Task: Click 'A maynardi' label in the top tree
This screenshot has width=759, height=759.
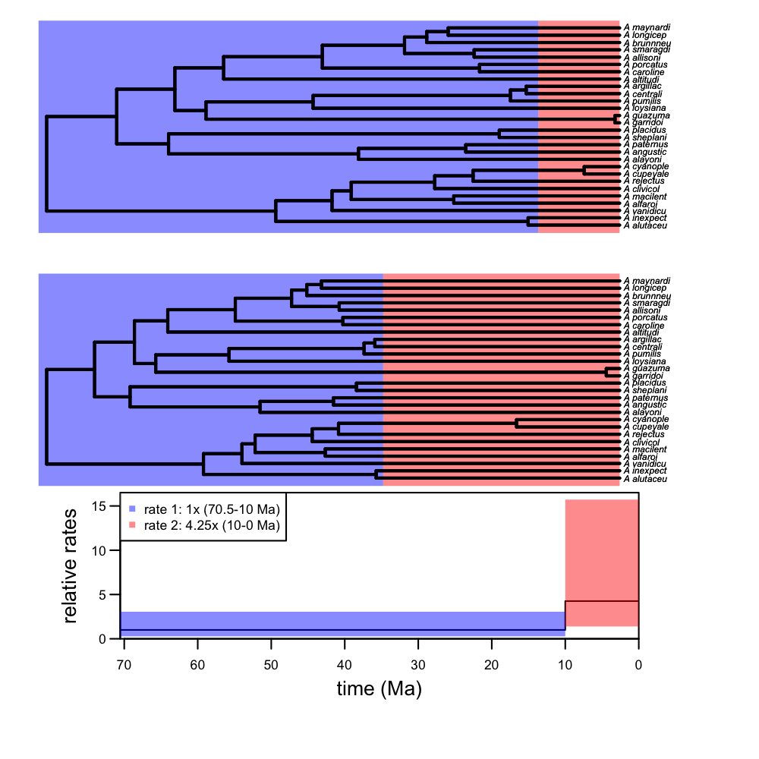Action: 646,27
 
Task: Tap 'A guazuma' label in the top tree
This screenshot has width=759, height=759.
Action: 646,115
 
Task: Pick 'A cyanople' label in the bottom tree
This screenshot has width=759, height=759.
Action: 646,420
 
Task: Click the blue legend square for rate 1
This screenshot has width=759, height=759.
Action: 133,509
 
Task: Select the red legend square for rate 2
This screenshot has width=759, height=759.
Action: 133,524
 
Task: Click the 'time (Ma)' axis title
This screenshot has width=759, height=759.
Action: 379,689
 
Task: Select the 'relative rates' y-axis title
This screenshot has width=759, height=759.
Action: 71,565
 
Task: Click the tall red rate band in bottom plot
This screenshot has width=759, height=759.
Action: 601,546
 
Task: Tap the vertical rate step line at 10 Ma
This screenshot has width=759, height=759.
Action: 565,615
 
